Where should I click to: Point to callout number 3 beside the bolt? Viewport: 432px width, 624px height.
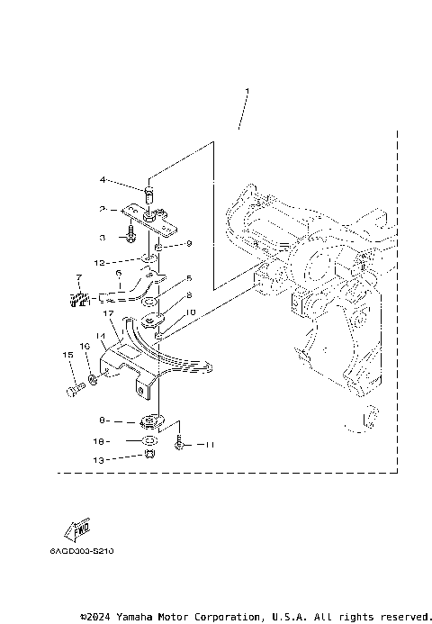pos(103,237)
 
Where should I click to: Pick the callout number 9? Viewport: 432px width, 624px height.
pos(189,244)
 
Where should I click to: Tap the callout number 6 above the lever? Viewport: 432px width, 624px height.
pos(119,271)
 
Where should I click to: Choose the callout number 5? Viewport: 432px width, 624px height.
pos(189,278)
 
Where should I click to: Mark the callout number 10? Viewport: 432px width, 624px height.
pos(189,312)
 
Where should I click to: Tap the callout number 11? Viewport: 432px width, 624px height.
pos(209,445)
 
